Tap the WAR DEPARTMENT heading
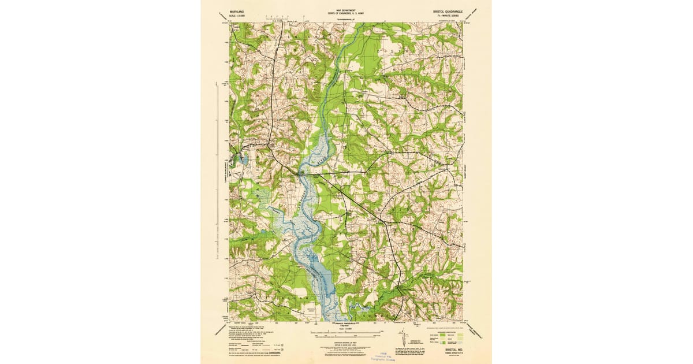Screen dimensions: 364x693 [346, 10]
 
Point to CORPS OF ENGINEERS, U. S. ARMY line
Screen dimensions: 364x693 [346, 14]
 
